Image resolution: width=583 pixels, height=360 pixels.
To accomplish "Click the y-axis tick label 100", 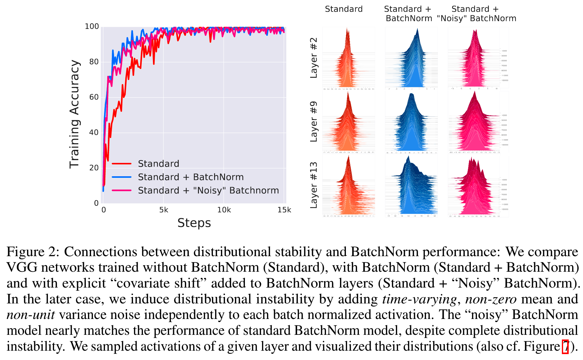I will click(92, 27).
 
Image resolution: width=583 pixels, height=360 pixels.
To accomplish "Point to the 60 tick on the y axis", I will click(94, 97).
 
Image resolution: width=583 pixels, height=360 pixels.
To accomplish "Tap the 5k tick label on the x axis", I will click(163, 210).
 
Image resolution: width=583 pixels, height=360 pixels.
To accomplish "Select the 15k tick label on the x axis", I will click(284, 210).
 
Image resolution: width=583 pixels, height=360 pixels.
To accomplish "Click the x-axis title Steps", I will click(194, 223).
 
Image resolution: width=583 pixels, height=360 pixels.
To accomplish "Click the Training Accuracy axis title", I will click(75, 114).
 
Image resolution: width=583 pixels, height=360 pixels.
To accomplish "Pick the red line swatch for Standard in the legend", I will click(122, 164).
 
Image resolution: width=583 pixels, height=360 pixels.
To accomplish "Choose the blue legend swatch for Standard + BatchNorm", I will click(122, 177).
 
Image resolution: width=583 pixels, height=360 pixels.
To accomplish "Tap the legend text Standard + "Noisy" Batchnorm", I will click(208, 190).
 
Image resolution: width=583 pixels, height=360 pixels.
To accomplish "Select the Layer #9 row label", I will click(314, 122).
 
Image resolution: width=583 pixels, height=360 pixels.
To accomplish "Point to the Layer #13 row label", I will click(314, 185).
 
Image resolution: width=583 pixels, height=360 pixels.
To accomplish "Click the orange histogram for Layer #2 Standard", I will click(348, 62).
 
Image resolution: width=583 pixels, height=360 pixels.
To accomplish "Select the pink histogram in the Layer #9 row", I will click(474, 124).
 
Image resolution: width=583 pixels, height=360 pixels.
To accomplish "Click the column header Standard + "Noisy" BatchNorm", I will click(476, 14).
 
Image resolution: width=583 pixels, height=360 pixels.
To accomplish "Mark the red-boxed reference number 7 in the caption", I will click(565, 347).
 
